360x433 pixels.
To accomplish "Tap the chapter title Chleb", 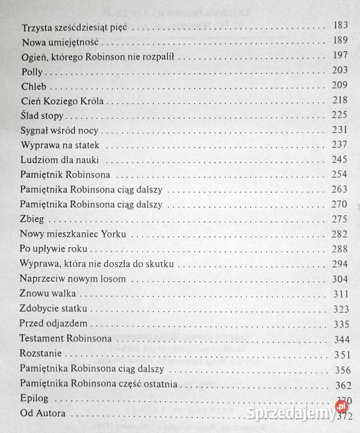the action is point(34,85).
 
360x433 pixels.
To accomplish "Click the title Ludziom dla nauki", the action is point(59,160).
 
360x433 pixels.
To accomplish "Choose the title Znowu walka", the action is point(48,293).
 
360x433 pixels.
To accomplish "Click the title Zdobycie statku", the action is point(54,309).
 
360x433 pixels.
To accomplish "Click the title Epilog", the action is point(34,399).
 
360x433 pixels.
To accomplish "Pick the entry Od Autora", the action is point(42,414).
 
